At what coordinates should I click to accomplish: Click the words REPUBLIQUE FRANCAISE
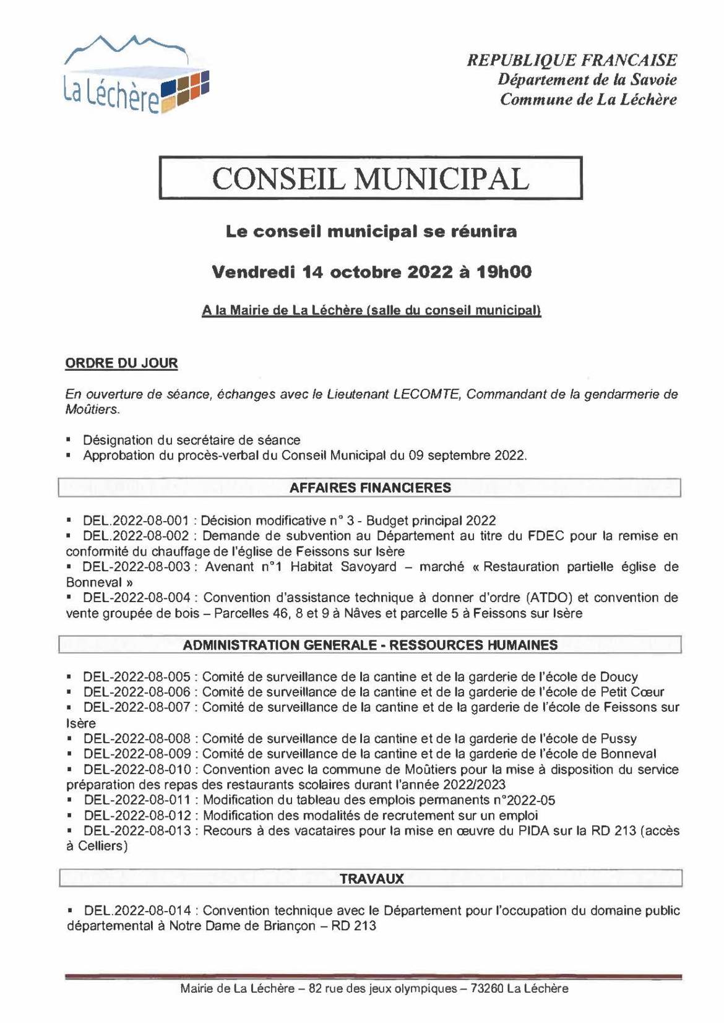point(571,60)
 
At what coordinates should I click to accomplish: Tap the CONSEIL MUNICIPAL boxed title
point(371,179)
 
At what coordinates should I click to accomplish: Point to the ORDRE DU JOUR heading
point(121,363)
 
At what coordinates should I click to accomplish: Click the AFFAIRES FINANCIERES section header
point(370,488)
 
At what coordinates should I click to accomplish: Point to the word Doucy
point(619,677)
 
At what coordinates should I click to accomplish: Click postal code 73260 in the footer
point(487,988)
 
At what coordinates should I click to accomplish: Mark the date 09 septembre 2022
point(467,456)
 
